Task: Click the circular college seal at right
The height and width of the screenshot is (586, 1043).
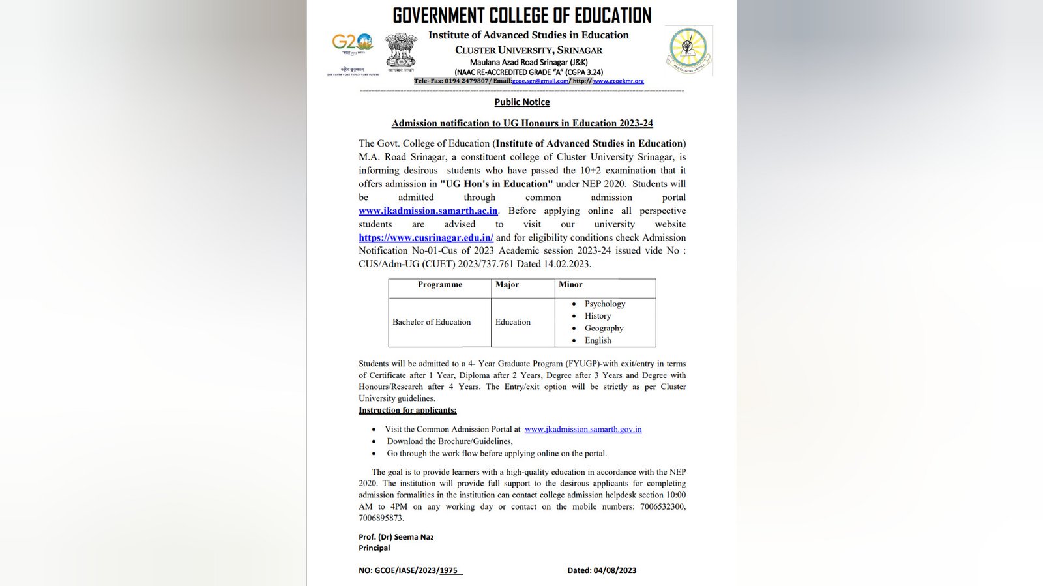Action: [x=688, y=51]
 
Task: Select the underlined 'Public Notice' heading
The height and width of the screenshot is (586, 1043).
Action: [x=521, y=102]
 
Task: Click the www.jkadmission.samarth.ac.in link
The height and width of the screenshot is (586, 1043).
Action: [x=428, y=211]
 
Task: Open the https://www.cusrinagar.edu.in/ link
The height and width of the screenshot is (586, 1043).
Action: [x=426, y=238]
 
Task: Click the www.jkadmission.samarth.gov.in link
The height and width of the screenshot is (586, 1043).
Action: [x=583, y=430]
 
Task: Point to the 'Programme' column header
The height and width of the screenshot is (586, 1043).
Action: [x=440, y=285]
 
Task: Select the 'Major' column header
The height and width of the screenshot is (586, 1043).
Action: [x=507, y=285]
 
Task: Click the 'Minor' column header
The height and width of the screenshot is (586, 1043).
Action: [x=570, y=285]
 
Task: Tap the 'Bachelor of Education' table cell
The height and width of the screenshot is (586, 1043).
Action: [x=432, y=322]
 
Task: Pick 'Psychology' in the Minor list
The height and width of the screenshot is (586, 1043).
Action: [x=605, y=304]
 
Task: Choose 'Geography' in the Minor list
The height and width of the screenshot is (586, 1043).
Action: [x=604, y=329]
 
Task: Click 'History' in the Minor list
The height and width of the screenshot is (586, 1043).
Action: [x=598, y=316]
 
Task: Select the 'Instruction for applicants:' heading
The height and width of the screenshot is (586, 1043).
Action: [x=407, y=411]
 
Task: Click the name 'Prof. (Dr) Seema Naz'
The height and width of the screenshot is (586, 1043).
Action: [x=396, y=538]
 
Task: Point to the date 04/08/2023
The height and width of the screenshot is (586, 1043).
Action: [x=615, y=570]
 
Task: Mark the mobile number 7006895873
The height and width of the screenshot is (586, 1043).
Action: [x=381, y=518]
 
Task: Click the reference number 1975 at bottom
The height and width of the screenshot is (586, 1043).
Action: [x=449, y=570]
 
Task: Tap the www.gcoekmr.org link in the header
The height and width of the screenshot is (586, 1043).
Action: [x=618, y=81]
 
